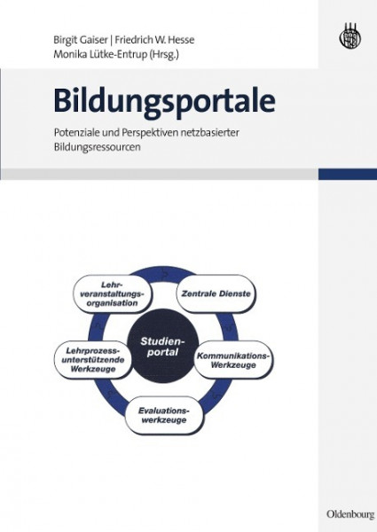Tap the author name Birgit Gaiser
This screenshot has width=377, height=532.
click(81, 40)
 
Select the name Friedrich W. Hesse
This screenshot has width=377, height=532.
click(154, 40)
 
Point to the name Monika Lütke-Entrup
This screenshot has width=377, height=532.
click(100, 55)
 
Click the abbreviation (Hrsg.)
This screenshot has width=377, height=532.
click(164, 55)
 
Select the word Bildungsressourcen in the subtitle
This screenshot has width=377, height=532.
click(97, 147)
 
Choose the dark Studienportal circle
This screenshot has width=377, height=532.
click(163, 346)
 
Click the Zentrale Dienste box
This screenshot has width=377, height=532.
click(216, 293)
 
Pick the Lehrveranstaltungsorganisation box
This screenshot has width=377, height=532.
click(113, 293)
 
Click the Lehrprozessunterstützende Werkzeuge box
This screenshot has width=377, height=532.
click(94, 360)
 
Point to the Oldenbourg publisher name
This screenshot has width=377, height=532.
click(350, 514)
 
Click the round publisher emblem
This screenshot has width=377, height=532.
click(350, 36)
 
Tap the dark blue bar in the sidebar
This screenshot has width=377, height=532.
click(348, 174)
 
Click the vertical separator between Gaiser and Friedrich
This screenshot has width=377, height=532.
click(111, 40)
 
